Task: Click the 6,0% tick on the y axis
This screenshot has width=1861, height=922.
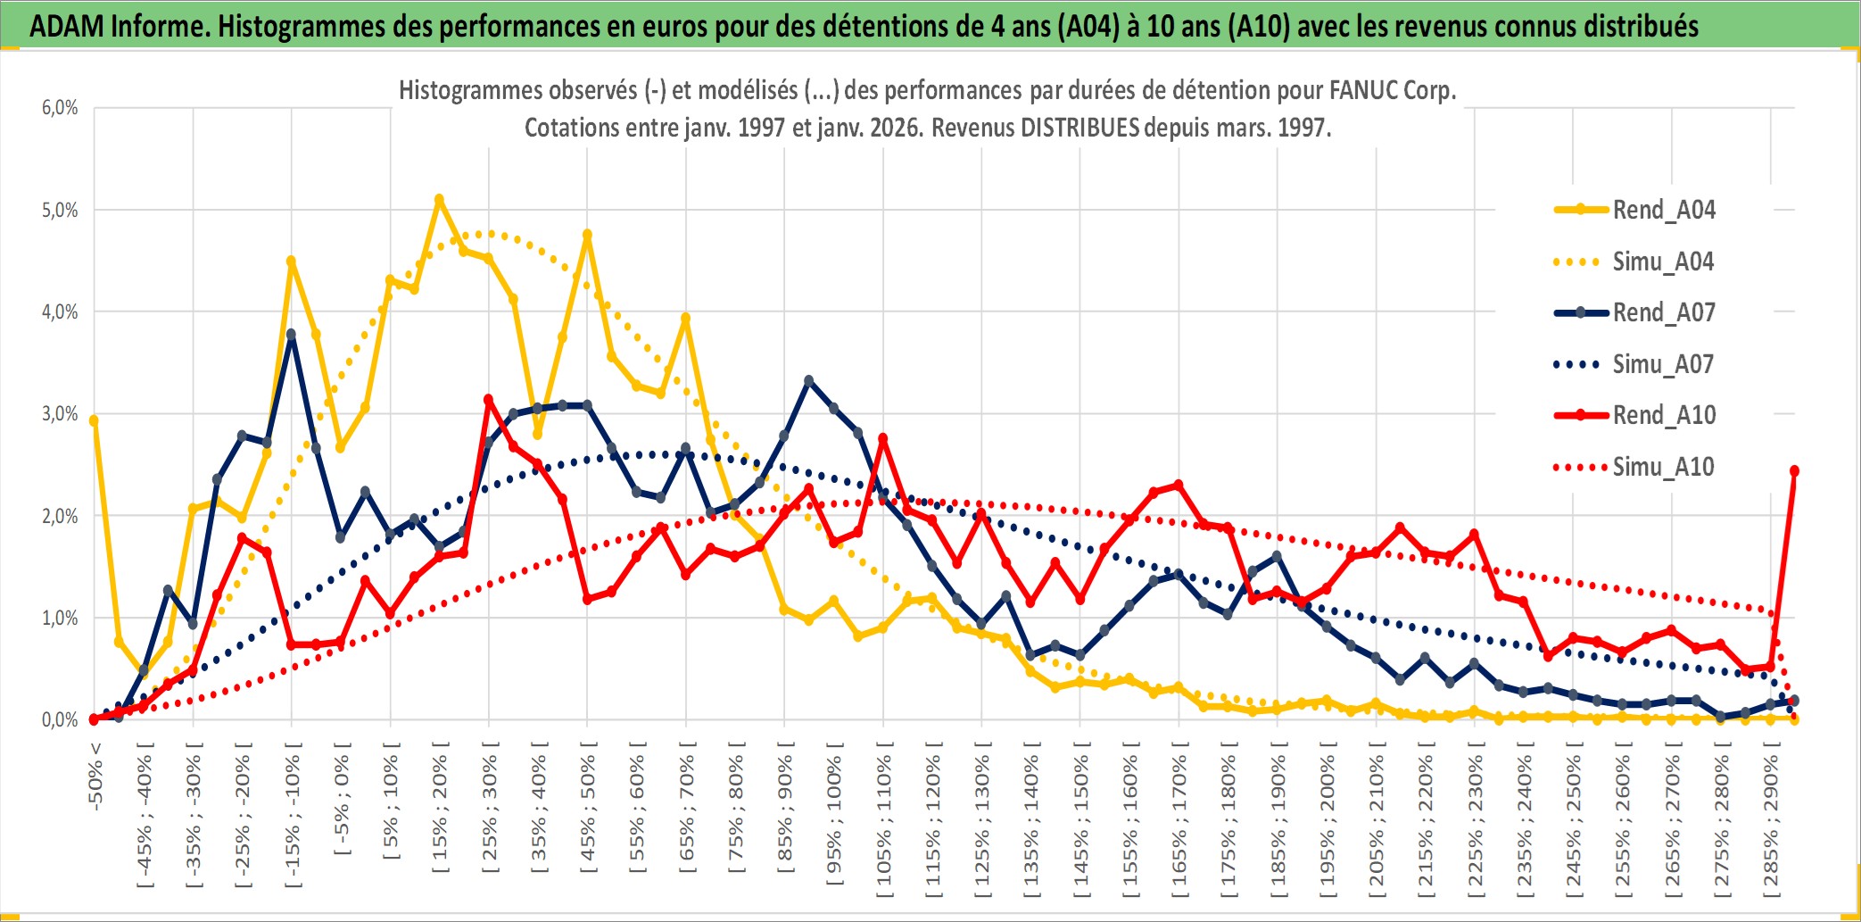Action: pyautogui.click(x=60, y=108)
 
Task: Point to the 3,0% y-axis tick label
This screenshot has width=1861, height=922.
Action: pyautogui.click(x=60, y=414)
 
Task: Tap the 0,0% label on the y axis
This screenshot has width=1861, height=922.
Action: pyautogui.click(x=60, y=719)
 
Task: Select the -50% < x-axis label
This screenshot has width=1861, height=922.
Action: pyautogui.click(x=95, y=776)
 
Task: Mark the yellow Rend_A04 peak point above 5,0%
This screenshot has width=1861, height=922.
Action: pyautogui.click(x=439, y=200)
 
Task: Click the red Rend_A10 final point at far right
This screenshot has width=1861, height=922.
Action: pyautogui.click(x=1794, y=470)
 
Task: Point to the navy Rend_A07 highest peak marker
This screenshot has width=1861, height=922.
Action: pyautogui.click(x=291, y=335)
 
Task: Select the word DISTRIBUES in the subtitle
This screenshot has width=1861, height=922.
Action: pyautogui.click(x=1079, y=128)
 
